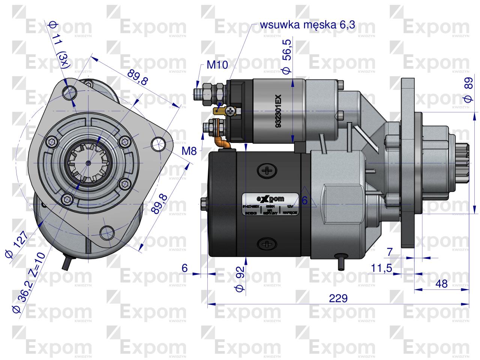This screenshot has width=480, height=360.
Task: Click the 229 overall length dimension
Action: coord(339,299)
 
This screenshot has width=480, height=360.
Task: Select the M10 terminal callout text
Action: coord(217,65)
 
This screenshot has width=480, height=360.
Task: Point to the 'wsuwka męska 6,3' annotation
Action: coord(307,25)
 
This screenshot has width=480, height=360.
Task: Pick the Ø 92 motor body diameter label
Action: coord(240,279)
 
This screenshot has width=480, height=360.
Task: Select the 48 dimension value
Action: coord(442,284)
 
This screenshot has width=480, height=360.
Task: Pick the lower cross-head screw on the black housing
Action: coord(268,244)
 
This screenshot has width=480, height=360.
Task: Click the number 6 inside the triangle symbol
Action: coord(304,201)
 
